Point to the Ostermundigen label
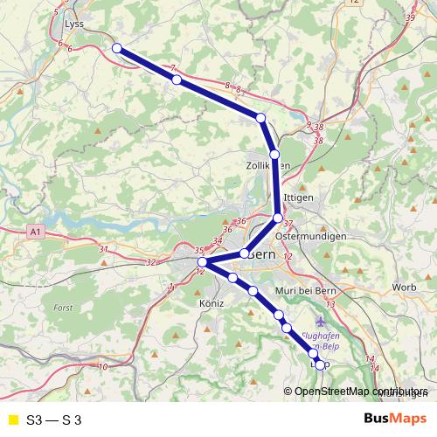(310, 236)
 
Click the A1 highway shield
(34, 232)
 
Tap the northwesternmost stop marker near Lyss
(116, 49)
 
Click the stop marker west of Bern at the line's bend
(202, 262)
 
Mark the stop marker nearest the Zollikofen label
(274, 154)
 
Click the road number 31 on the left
(103, 250)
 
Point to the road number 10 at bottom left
(103, 367)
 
